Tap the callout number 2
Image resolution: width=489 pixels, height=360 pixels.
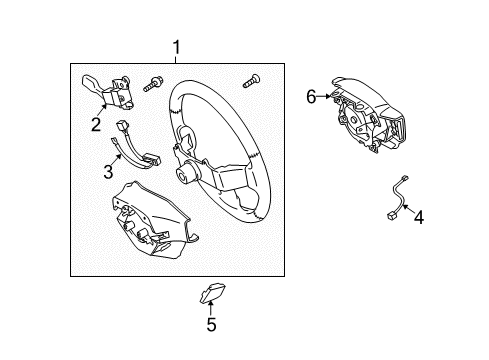96,125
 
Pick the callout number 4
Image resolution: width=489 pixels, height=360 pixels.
418,217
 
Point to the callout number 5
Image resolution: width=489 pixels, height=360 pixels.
211,324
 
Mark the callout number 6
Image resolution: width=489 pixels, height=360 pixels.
311,96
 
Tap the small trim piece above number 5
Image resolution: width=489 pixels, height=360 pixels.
212,293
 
